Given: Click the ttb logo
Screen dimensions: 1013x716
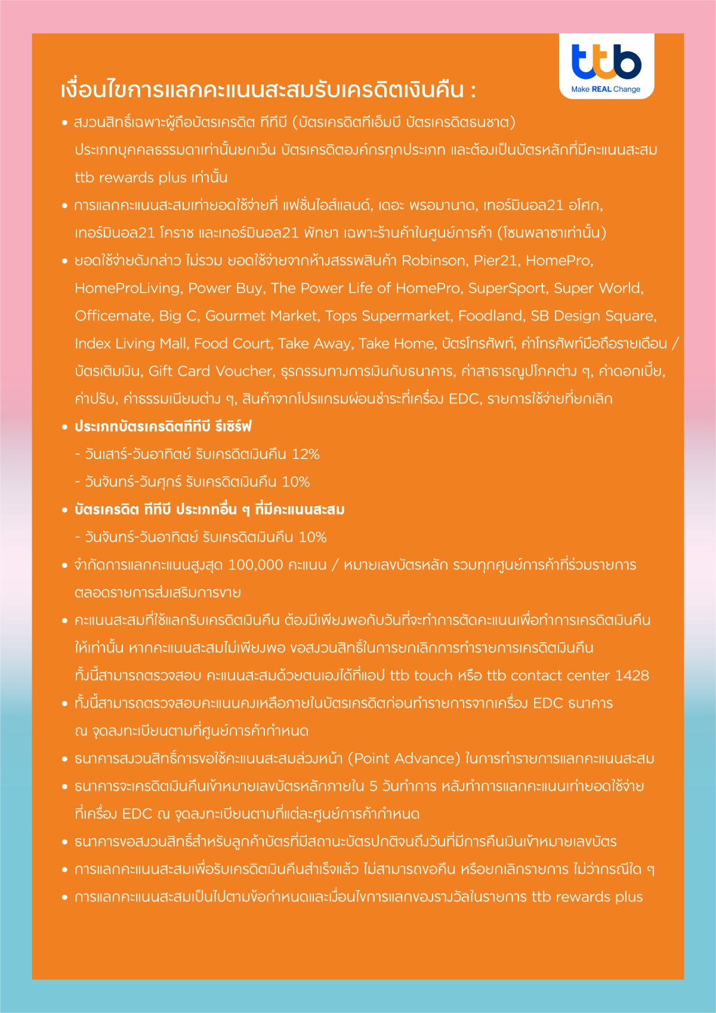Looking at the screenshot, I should tap(606, 61).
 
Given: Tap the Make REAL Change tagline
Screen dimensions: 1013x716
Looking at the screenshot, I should tap(606, 89).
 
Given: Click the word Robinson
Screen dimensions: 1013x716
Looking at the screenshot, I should tap(434, 260).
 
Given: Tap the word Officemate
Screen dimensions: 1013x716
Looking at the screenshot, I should tap(113, 316).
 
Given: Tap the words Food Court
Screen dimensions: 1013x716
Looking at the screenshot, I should tap(233, 343).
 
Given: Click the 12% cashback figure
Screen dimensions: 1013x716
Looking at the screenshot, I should tap(305, 454).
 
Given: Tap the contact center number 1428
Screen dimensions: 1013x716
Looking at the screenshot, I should tap(632, 676).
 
